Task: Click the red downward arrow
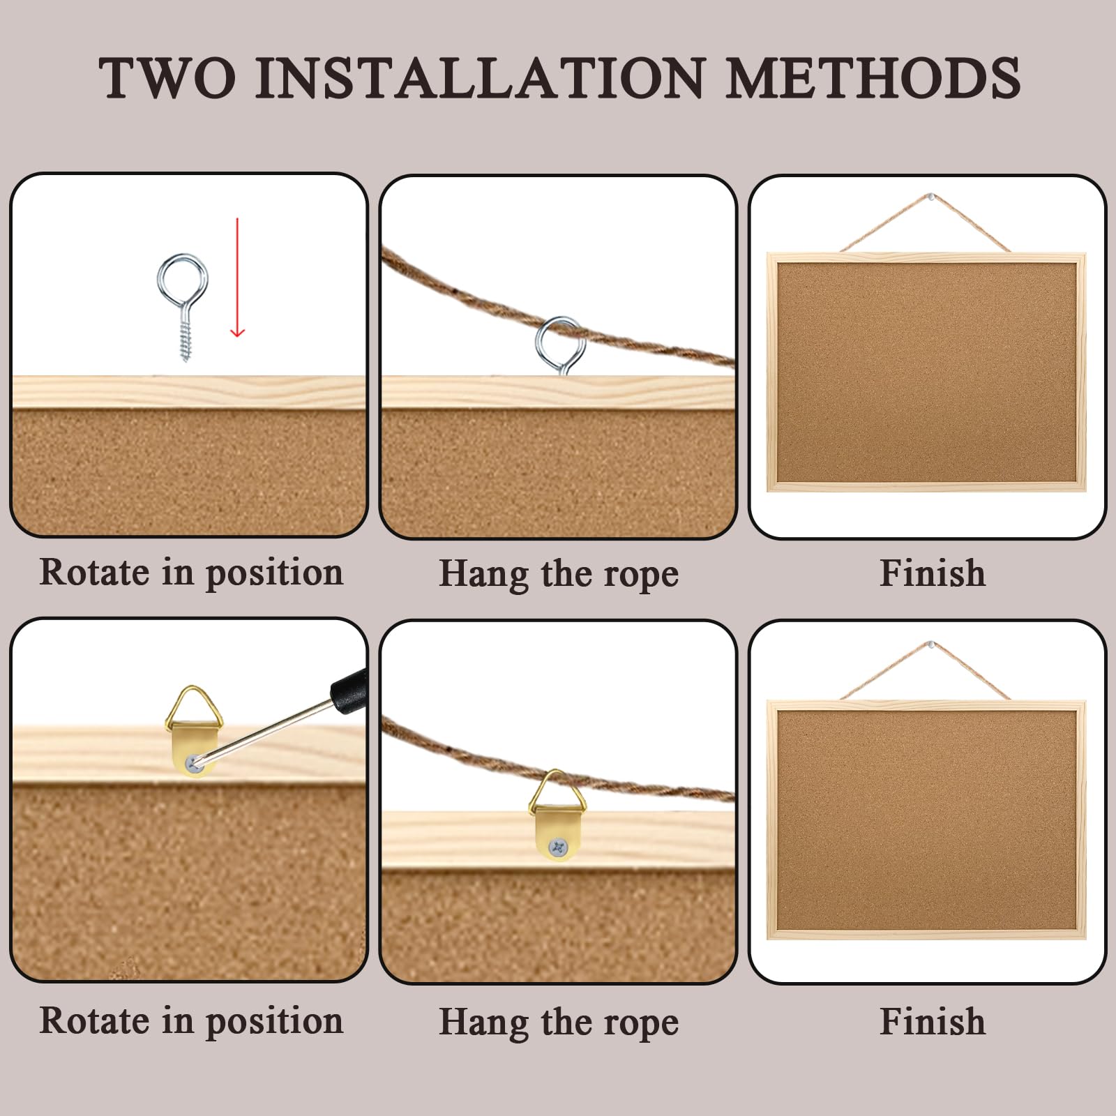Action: (237, 277)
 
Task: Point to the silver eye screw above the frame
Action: (182, 306)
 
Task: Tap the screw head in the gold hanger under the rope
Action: (558, 847)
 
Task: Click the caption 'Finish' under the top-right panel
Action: (933, 573)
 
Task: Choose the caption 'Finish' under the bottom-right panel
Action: (933, 1022)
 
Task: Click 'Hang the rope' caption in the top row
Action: (559, 575)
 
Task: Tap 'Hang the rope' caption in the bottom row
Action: (559, 1023)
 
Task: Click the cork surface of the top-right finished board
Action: (927, 372)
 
